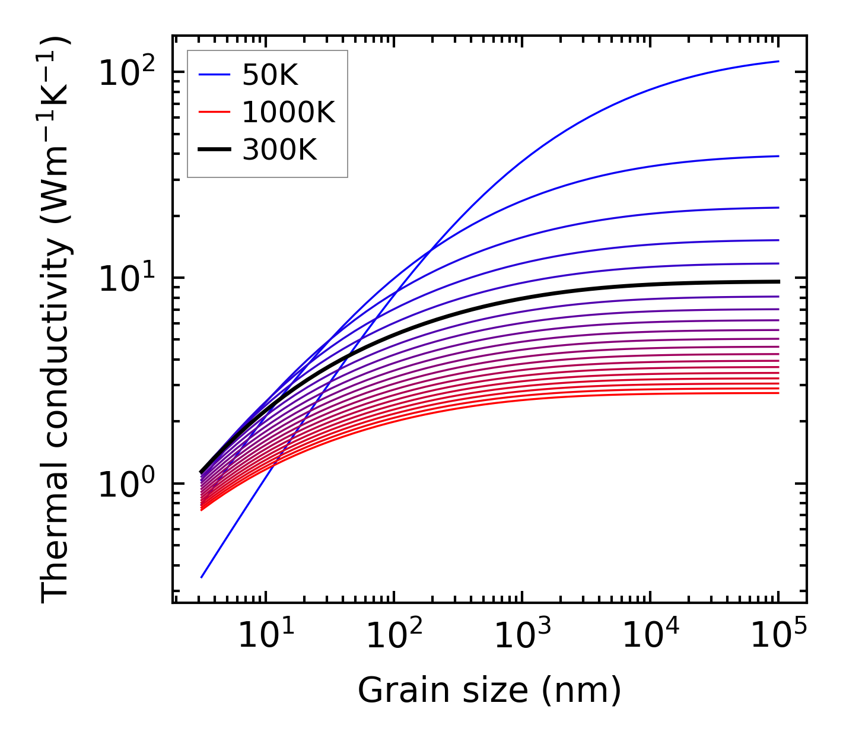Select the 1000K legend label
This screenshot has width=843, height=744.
tap(288, 113)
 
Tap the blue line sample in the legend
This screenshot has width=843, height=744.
tap(214, 75)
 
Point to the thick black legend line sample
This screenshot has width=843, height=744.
tap(214, 150)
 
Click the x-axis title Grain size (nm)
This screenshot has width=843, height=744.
tap(489, 691)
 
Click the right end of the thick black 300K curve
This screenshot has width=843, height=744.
tap(778, 281)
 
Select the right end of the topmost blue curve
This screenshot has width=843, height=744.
tap(778, 61)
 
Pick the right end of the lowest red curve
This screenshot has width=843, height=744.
tap(778, 393)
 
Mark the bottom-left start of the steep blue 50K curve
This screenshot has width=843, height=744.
tap(202, 577)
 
